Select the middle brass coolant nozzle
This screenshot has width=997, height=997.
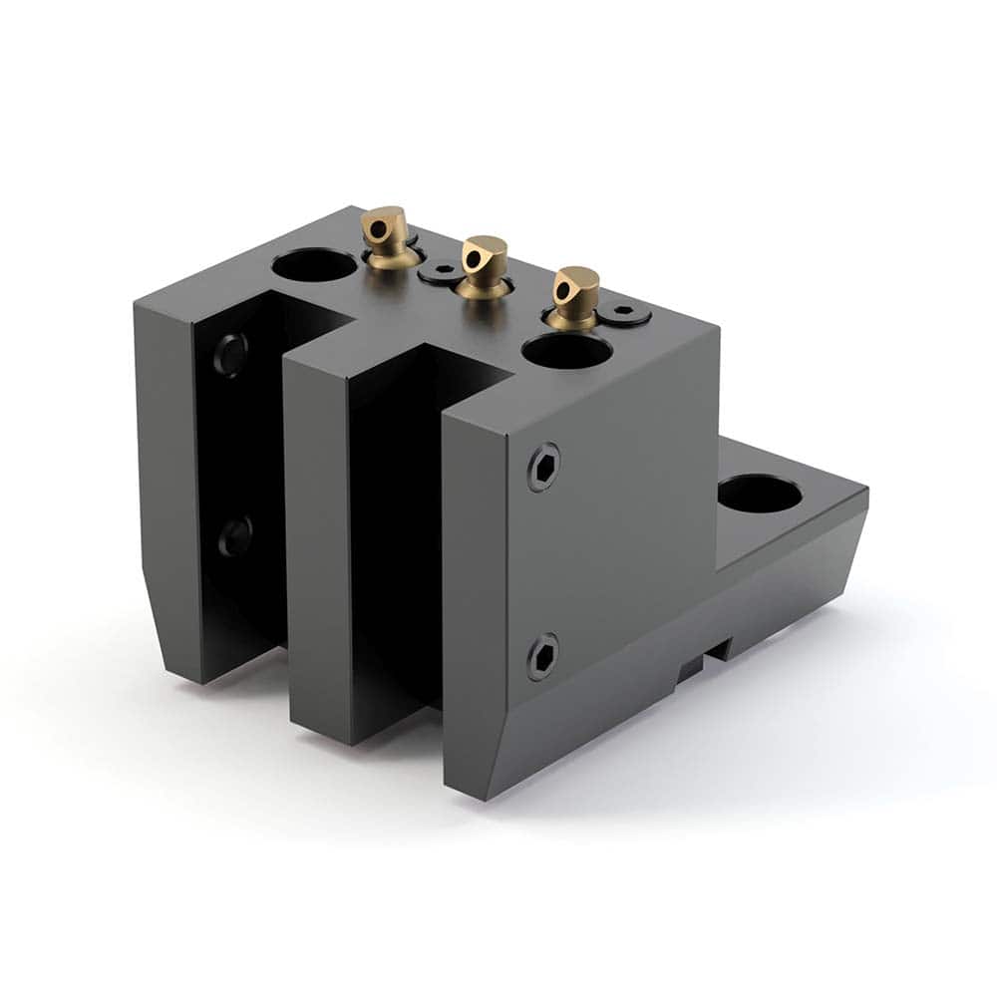click(x=485, y=266)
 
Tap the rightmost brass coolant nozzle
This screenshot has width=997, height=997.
click(x=575, y=297)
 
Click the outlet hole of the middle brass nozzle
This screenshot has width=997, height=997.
click(x=474, y=257)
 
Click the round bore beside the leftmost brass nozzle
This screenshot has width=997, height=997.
click(x=314, y=265)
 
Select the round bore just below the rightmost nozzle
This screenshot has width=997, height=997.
click(x=566, y=351)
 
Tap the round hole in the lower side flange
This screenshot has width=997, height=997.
click(x=760, y=494)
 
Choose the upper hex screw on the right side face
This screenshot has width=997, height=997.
click(x=543, y=467)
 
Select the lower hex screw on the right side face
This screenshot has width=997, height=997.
click(x=542, y=657)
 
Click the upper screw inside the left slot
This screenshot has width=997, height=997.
click(x=230, y=354)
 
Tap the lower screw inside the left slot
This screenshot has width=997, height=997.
click(x=235, y=536)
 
